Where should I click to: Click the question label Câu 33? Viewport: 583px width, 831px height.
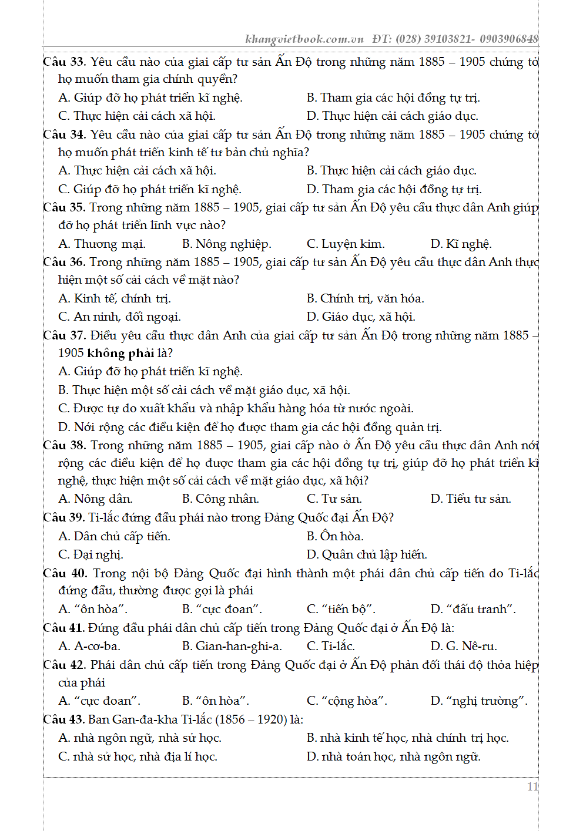[x=65, y=62]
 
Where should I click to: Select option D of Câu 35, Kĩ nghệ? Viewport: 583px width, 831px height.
[x=461, y=244]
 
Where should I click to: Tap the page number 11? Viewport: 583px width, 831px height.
[x=532, y=787]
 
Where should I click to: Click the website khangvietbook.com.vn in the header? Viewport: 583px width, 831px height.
[x=304, y=39]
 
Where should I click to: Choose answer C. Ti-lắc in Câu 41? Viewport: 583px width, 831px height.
[x=331, y=646]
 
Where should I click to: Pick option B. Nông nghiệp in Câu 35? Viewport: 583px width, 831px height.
[x=227, y=244]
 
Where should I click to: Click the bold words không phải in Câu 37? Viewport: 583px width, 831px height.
[x=120, y=353]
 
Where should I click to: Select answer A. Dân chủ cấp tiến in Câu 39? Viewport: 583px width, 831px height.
[x=114, y=536]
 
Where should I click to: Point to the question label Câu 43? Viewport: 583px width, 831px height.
[x=63, y=719]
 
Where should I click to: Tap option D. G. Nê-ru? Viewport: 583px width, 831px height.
[x=464, y=646]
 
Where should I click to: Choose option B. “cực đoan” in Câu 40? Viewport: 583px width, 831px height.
[x=222, y=609]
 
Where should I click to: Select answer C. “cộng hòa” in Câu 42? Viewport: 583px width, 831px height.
[x=347, y=701]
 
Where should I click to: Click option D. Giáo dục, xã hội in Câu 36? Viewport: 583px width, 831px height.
[x=361, y=317]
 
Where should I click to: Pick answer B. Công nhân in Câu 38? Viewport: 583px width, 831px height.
[x=220, y=499]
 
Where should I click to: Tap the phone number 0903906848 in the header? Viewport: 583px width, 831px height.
[x=508, y=39]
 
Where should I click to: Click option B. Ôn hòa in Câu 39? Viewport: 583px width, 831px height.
[x=335, y=536]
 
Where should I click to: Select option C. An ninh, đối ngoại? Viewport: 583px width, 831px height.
[x=119, y=317]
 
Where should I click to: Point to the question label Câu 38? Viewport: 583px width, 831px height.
[x=65, y=445]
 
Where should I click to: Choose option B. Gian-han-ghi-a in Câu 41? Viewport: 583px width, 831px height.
[x=232, y=646]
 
